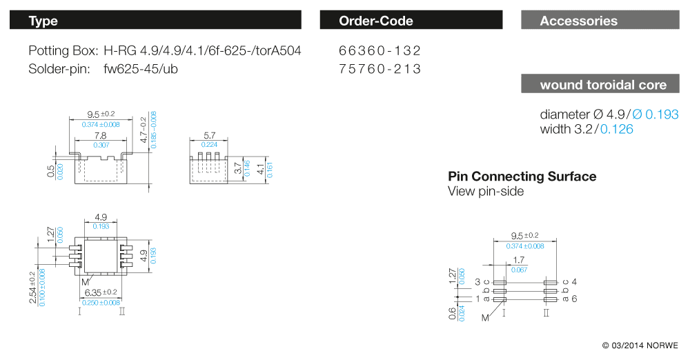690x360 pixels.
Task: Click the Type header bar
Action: pos(155,21)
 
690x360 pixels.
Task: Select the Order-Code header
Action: pos(411,21)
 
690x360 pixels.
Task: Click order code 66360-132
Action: pos(379,51)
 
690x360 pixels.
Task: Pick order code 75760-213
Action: pos(379,69)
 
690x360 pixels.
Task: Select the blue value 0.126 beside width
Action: pos(617,129)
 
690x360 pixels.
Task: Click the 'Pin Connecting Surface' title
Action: pos(522,177)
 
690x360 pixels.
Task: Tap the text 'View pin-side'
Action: pos(485,191)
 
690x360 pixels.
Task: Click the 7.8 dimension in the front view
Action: pos(100,137)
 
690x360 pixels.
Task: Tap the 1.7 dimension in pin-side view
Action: pos(518,261)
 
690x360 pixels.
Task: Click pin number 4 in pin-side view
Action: pos(574,282)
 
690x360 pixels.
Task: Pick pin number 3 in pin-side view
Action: pos(477,282)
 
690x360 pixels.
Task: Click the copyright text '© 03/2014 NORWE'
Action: pos(640,345)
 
